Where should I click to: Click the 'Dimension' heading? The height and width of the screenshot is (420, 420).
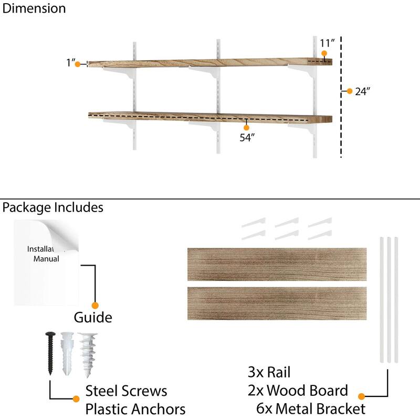click(35, 8)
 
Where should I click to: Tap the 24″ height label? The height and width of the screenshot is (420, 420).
click(363, 91)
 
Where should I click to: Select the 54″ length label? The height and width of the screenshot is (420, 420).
click(247, 138)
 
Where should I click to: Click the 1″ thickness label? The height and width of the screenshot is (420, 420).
click(71, 63)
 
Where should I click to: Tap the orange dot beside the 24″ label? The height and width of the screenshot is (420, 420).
click(350, 91)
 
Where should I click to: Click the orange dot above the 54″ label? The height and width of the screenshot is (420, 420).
click(246, 127)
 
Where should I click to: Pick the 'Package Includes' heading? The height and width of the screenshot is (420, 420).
click(53, 207)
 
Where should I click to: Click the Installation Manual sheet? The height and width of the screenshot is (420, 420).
click(46, 262)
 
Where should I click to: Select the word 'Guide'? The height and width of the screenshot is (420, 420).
click(93, 317)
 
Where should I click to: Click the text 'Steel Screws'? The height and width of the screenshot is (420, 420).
click(127, 391)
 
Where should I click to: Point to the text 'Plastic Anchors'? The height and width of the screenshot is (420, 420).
click(135, 408)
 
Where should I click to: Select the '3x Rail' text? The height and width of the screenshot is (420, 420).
click(269, 373)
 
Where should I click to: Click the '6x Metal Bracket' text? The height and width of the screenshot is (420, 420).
click(311, 408)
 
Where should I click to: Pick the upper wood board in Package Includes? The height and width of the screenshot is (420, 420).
click(277, 265)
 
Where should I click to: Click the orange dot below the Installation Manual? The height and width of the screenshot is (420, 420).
click(95, 305)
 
